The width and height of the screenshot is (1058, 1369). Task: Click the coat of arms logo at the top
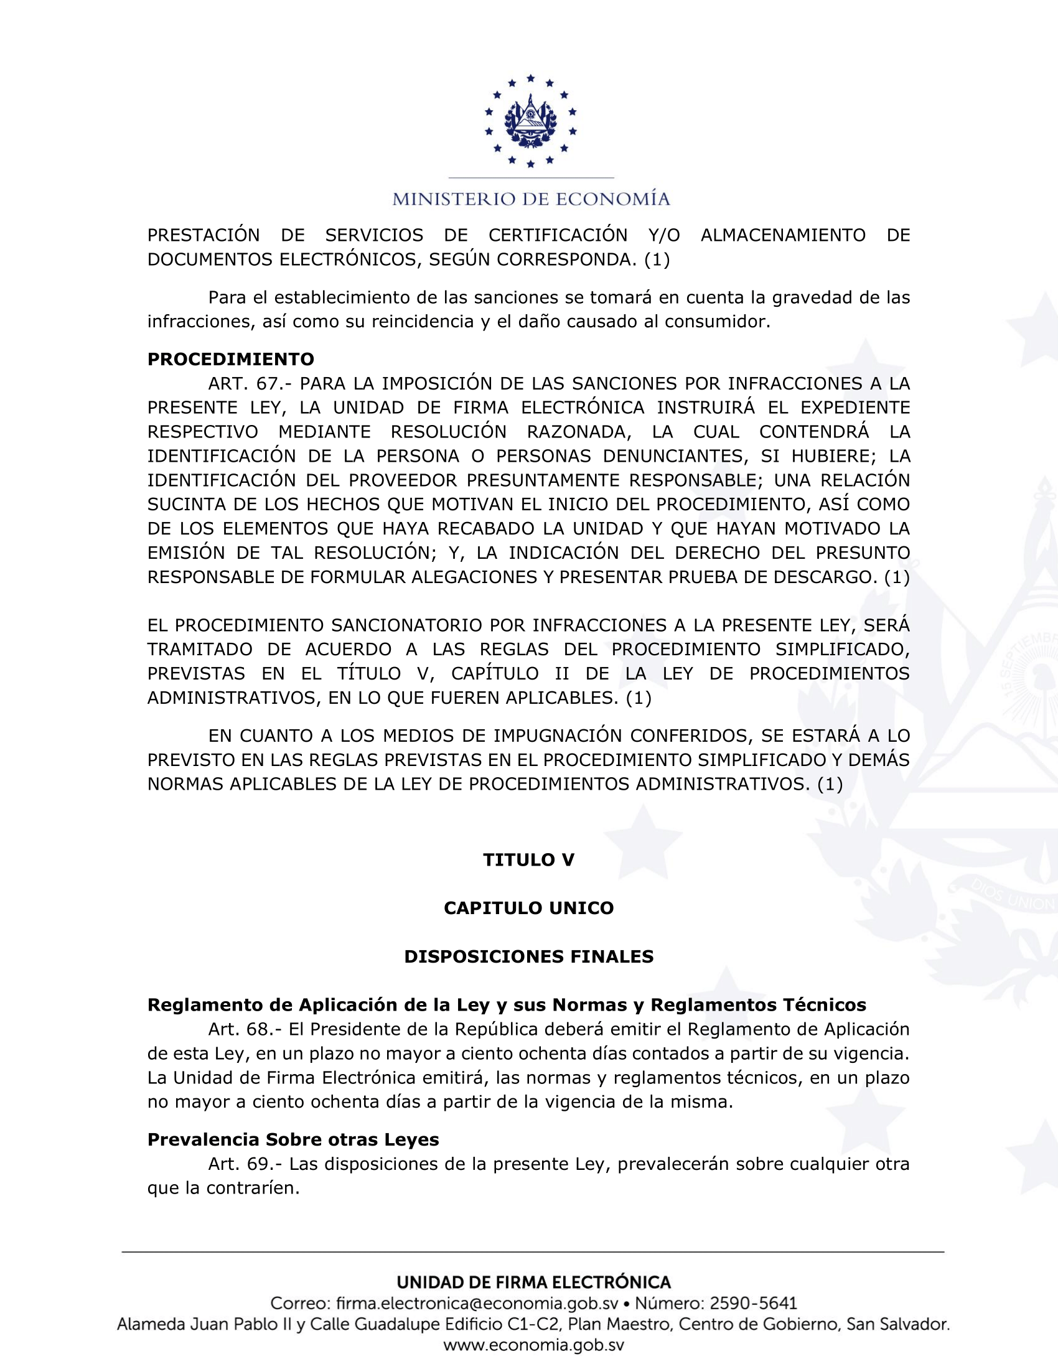[530, 121]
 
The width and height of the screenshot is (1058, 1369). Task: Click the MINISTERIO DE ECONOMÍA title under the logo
[531, 199]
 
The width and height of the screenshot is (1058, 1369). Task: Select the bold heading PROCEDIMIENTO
[231, 359]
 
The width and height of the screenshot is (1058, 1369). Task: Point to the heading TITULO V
[528, 860]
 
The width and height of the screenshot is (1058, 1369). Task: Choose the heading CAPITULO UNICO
[528, 909]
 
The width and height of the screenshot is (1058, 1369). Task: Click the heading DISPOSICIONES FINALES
[528, 956]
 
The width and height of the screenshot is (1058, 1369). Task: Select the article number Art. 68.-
[245, 1029]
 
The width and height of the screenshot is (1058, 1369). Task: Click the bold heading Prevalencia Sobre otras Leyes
[293, 1139]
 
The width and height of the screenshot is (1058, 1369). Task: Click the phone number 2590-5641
[753, 1303]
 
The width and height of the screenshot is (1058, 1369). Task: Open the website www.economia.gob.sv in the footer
[533, 1345]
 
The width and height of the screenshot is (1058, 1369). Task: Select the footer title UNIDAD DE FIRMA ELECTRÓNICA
[533, 1282]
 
